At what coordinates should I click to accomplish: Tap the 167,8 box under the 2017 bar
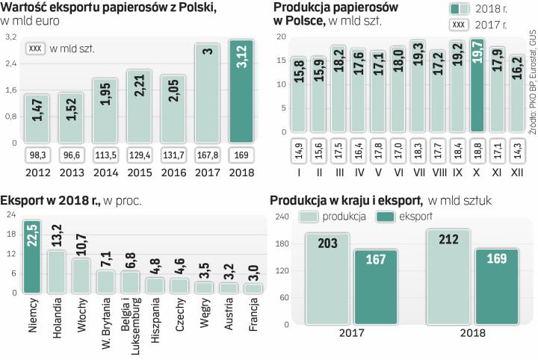coord(207,155)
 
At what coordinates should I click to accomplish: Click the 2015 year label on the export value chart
coord(140,173)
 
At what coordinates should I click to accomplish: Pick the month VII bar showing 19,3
coord(417,87)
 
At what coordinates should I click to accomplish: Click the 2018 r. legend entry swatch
coord(460,9)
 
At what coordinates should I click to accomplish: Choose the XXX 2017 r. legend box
coord(460,25)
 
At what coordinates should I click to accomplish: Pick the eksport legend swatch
coord(388,217)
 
